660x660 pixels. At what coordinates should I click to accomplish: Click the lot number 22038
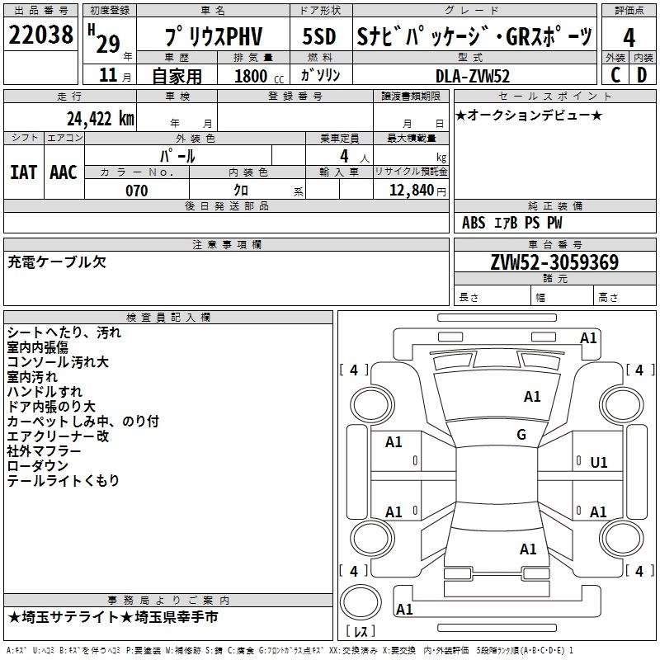[x=40, y=35]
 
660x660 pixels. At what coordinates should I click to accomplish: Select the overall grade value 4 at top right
[x=629, y=37]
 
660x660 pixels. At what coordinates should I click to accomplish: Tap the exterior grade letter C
[x=615, y=75]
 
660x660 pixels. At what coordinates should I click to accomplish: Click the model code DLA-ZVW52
[x=473, y=76]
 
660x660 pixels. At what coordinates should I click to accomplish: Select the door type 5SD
[x=318, y=37]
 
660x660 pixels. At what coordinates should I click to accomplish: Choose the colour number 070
[x=136, y=191]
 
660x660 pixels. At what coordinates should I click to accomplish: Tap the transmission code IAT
[x=23, y=172]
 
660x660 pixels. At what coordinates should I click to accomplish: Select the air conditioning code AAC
[x=63, y=172]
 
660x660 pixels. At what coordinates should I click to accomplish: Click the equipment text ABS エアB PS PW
[x=511, y=223]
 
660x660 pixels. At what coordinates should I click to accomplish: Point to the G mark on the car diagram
[x=521, y=435]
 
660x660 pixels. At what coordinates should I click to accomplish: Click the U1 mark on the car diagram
[x=599, y=463]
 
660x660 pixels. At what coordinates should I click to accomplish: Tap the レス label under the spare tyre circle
[x=361, y=633]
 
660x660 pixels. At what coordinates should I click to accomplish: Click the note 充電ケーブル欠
[x=57, y=262]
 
